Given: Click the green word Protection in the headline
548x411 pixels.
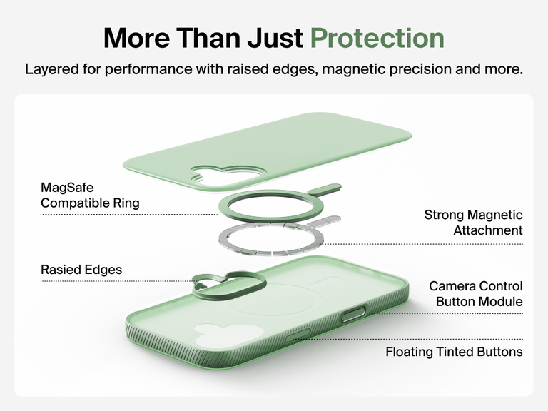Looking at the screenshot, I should pos(377,38).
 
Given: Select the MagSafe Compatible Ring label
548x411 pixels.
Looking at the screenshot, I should pos(90,196).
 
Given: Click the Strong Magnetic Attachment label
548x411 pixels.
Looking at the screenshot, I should pos(473,223).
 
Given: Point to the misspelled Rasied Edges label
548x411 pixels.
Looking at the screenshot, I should pos(81,270).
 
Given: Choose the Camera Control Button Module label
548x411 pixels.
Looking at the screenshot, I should pos(475,294).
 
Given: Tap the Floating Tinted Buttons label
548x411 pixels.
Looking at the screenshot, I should pos(454,352).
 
